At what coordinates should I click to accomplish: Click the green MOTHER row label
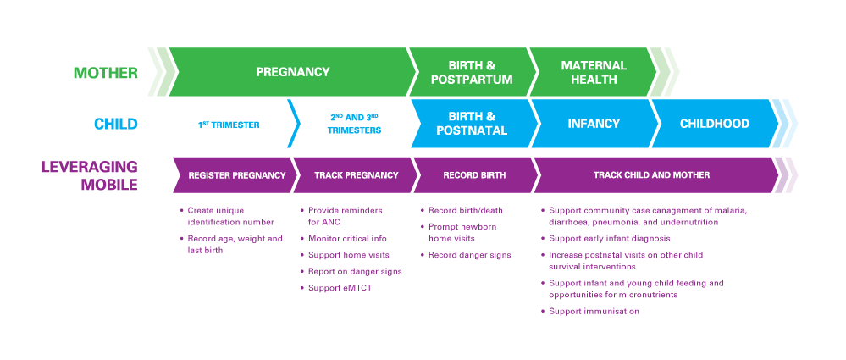pyautogui.click(x=106, y=73)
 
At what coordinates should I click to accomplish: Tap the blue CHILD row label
pyautogui.click(x=116, y=125)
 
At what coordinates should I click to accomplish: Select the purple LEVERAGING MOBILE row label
pyautogui.click(x=90, y=175)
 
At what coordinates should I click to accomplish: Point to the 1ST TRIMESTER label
pyautogui.click(x=229, y=125)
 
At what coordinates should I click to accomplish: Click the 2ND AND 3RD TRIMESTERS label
pyautogui.click(x=354, y=125)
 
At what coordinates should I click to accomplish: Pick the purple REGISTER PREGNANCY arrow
pyautogui.click(x=235, y=174)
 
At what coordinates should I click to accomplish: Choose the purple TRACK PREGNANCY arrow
pyautogui.click(x=356, y=174)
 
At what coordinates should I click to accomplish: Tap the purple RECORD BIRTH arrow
pyautogui.click(x=475, y=174)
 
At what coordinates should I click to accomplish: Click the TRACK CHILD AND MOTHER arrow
pyautogui.click(x=653, y=174)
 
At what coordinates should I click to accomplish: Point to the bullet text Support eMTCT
pyautogui.click(x=340, y=288)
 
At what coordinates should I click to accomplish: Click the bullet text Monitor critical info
pyautogui.click(x=347, y=239)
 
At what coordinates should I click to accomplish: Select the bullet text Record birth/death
pyautogui.click(x=465, y=211)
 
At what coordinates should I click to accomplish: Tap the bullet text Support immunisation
pyautogui.click(x=594, y=312)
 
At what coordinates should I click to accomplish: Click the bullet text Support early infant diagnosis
pyautogui.click(x=610, y=239)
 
